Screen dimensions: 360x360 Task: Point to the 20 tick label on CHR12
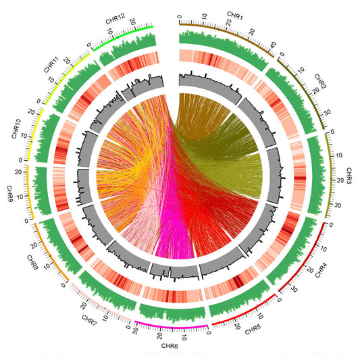[x=132, y=19]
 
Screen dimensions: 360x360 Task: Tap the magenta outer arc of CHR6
[x=172, y=328]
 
